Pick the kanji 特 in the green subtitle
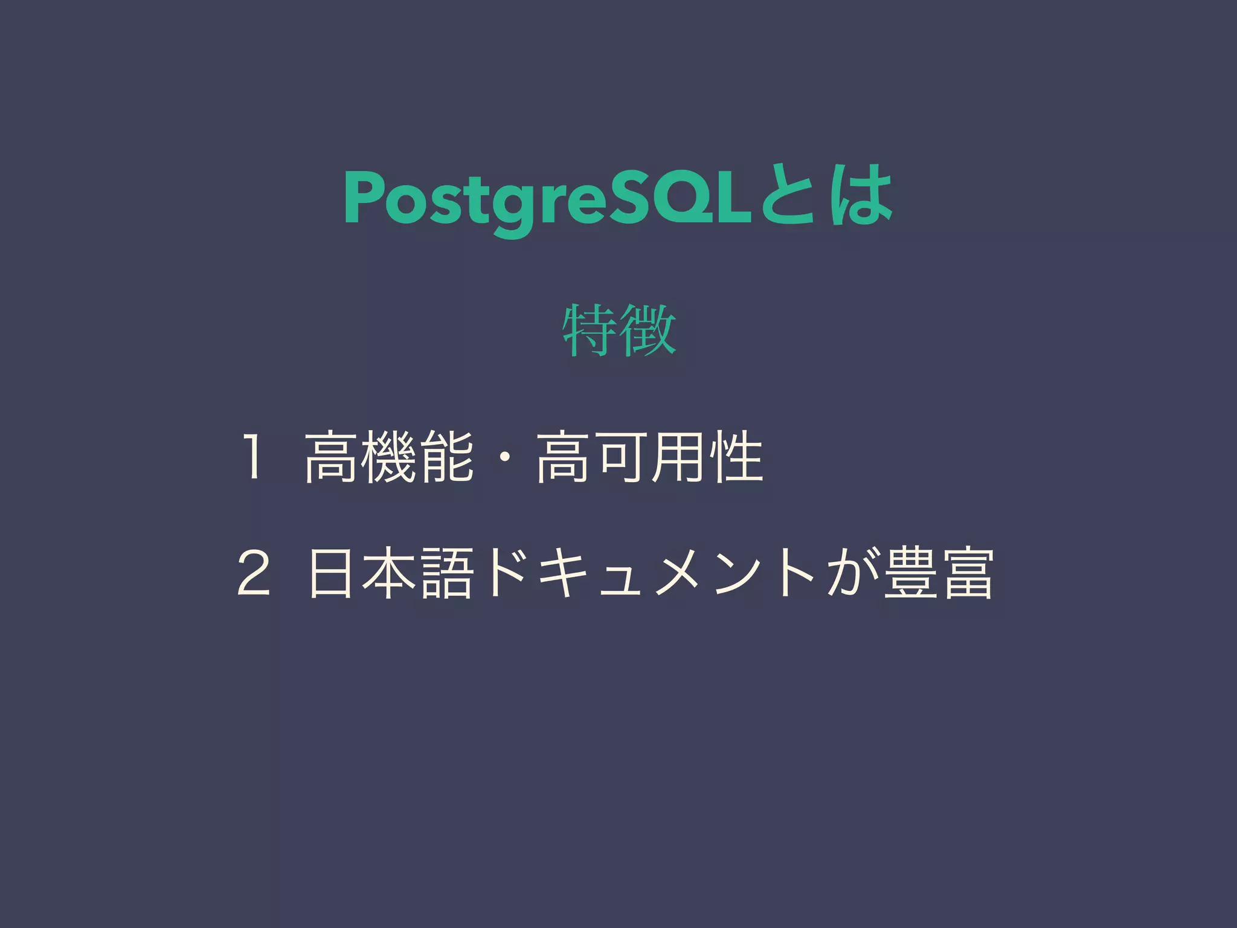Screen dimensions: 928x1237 tap(590, 330)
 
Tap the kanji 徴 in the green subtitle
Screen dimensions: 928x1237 tap(648, 330)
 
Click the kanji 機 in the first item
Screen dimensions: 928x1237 tap(388, 457)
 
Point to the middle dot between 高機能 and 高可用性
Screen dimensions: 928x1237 tap(504, 458)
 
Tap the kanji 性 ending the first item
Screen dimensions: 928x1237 tap(736, 457)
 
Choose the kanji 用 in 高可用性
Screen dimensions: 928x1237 tap(678, 457)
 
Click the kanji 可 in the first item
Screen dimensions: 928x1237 tap(620, 457)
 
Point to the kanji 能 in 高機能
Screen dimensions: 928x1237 tap(446, 457)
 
